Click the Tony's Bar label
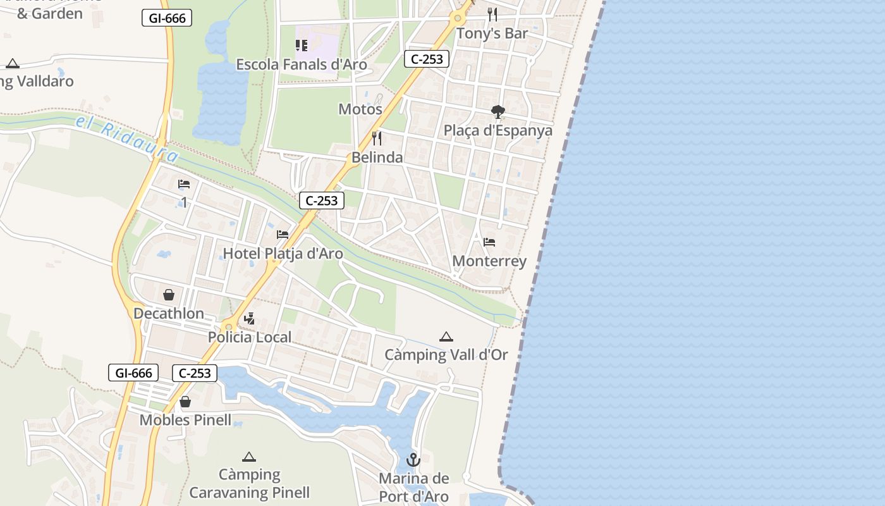(492, 34)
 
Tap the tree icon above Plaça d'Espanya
(498, 112)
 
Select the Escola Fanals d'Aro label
(302, 65)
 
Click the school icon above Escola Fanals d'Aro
(302, 46)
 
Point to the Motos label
(360, 109)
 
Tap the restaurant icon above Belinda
(377, 138)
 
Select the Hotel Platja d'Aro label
(283, 254)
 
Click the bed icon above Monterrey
(489, 242)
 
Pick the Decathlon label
(169, 314)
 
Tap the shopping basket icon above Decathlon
(169, 295)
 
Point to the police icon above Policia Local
(250, 319)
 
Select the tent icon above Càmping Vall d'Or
(446, 336)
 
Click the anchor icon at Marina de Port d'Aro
(413, 460)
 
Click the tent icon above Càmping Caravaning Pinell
(249, 457)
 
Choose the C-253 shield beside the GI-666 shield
(195, 373)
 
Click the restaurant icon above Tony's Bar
(492, 15)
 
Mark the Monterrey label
(489, 262)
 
